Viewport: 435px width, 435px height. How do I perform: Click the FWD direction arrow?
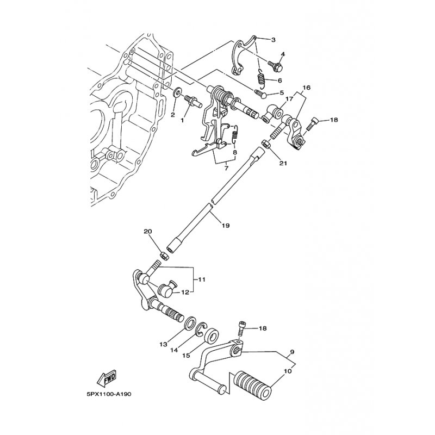107,378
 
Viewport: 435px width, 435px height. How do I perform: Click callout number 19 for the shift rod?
226,226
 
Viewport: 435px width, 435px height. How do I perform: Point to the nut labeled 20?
164,255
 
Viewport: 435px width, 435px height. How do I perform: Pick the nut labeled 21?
265,144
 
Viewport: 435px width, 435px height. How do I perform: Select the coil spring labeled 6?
262,78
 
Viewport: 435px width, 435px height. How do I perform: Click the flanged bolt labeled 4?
275,65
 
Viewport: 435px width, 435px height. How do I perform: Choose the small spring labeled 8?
235,134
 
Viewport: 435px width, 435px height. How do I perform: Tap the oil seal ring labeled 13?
190,324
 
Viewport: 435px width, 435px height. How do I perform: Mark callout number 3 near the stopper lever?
274,40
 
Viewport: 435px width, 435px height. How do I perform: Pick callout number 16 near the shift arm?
306,88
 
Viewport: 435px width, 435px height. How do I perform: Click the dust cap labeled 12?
166,289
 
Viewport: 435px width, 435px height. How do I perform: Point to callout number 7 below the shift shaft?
226,168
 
